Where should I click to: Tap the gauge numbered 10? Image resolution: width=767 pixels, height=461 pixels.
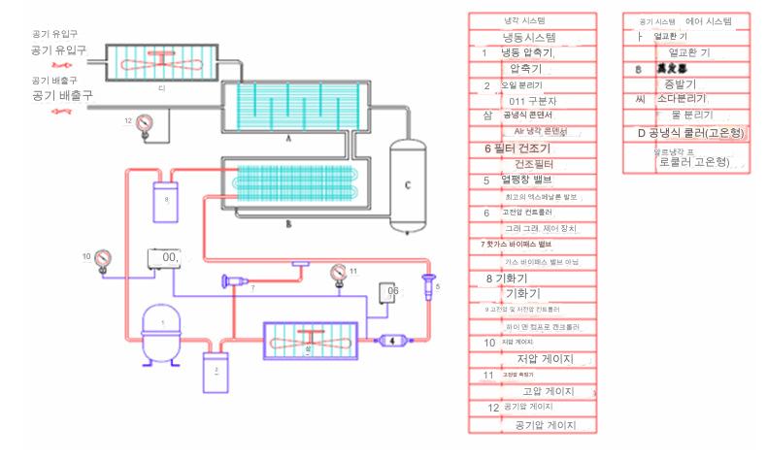pyautogui.click(x=103, y=258)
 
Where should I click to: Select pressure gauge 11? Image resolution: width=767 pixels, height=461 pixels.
pyautogui.click(x=338, y=271)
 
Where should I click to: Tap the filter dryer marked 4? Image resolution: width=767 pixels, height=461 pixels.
pyautogui.click(x=393, y=340)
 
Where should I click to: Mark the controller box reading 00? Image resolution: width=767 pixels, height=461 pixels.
pyautogui.click(x=168, y=258)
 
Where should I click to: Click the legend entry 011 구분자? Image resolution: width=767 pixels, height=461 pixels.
pyautogui.click(x=531, y=100)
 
